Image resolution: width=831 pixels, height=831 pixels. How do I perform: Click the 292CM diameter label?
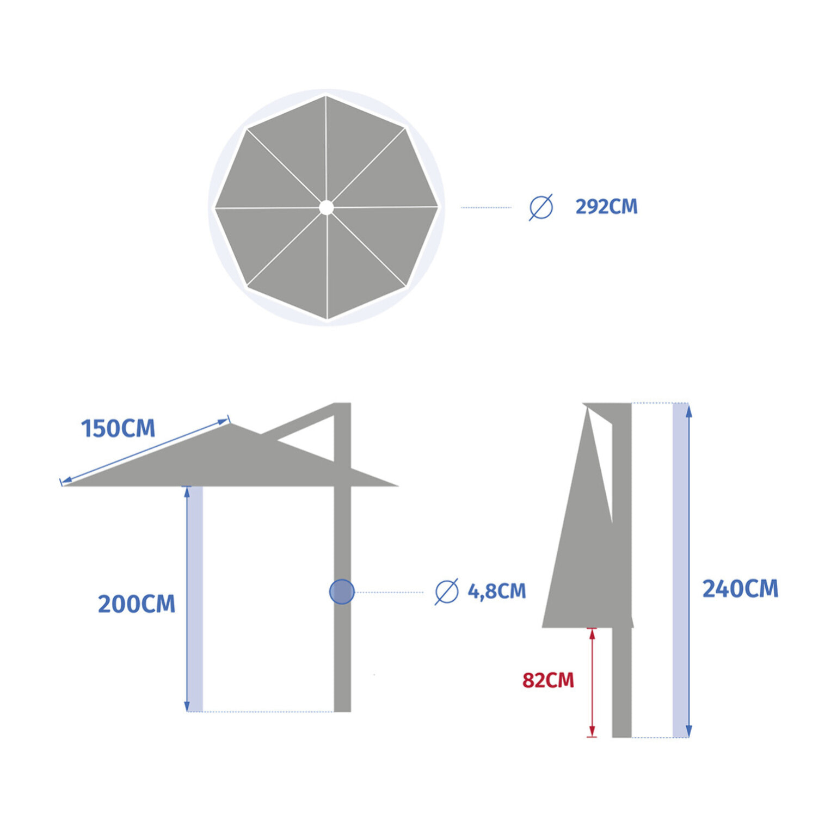[606, 207]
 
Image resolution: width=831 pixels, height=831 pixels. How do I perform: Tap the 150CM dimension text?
[118, 428]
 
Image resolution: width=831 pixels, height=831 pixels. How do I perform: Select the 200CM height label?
[137, 604]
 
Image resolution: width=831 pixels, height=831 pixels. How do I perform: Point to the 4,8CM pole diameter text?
[497, 591]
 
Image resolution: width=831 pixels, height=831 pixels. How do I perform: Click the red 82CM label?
[548, 680]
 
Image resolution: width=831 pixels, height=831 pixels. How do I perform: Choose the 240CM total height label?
[740, 589]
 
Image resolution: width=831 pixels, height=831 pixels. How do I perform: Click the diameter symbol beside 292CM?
[541, 207]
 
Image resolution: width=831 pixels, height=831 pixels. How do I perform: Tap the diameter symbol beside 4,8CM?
[446, 592]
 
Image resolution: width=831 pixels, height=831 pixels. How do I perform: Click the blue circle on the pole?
[342, 592]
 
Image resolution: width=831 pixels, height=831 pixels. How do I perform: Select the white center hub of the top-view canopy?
[326, 207]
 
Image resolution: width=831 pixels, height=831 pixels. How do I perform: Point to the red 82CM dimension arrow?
[592, 682]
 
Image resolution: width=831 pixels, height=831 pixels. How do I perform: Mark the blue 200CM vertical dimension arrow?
[187, 599]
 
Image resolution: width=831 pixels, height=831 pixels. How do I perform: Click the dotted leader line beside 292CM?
[486, 207]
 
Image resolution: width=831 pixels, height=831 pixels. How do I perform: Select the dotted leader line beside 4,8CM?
[389, 592]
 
